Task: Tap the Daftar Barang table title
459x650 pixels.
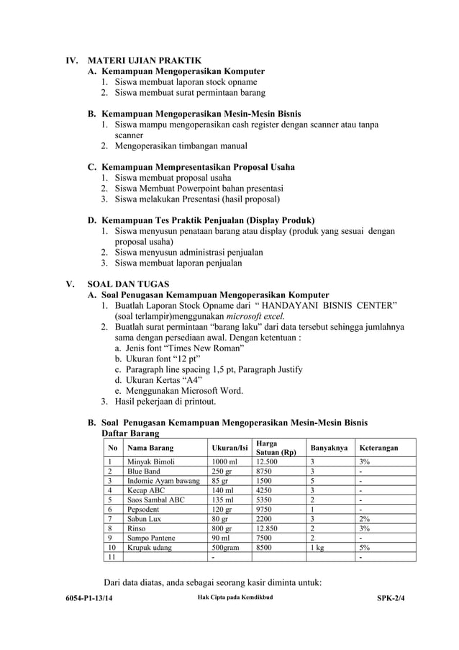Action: [x=130, y=433]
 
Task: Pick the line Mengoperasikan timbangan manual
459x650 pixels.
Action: [x=181, y=146]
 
